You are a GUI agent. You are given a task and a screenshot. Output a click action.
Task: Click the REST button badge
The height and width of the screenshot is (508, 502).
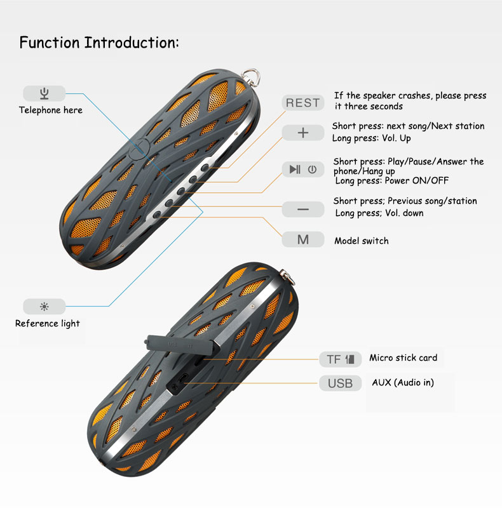pos(303,103)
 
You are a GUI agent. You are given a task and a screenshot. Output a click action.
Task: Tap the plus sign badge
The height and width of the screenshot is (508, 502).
pos(303,133)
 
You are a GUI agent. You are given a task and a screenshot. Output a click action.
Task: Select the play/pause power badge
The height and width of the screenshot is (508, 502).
pos(303,169)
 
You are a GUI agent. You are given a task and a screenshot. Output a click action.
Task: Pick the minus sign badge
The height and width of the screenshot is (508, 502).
pos(303,210)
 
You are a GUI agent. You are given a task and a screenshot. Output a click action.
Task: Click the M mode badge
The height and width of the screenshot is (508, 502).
pos(303,239)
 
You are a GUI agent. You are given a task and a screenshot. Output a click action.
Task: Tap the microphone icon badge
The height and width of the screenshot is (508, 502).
pos(44,93)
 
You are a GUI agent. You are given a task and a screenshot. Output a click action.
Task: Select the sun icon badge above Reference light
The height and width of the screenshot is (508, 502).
pos(44,306)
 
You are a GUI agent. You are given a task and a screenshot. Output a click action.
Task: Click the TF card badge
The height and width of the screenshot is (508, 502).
pos(340,359)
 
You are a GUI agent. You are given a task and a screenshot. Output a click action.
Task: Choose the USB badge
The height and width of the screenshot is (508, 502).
pos(340,384)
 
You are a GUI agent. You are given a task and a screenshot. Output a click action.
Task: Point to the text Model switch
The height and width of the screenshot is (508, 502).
pos(362,241)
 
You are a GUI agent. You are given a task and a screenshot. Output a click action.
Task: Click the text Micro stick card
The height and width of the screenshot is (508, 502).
pos(403,358)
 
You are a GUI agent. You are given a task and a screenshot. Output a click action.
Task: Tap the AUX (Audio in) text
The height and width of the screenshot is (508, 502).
pos(403,382)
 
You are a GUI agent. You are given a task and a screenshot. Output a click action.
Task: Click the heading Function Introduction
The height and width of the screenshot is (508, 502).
pos(99,43)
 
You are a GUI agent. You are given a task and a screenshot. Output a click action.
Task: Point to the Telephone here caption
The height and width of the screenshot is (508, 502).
pos(51,110)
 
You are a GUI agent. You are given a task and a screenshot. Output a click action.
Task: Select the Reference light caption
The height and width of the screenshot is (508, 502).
pos(48,323)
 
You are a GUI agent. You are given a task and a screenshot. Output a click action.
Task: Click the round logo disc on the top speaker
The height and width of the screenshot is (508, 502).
pos(139,149)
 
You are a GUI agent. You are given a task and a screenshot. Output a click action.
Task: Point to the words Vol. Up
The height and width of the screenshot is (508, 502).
pos(397,138)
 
